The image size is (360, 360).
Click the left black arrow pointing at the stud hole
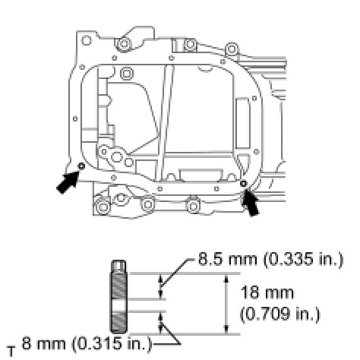tap(68, 182)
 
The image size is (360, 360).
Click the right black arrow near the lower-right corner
tap(251, 204)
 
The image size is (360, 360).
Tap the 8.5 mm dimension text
tap(227, 259)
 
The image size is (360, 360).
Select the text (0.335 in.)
tap(303, 260)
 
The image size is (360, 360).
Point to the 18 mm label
tap(267, 292)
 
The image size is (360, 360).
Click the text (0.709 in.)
tap(280, 314)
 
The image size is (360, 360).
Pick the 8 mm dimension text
tap(43, 344)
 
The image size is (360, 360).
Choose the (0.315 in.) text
tap(112, 344)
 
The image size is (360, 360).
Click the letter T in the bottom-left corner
tap(11, 352)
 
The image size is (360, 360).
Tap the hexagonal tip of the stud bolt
tap(118, 266)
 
